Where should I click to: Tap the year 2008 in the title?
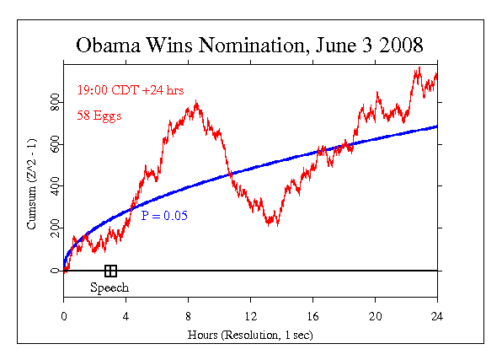pos(396,44)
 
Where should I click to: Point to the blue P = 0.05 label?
pos(164,217)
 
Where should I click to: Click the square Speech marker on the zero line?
pos(110,271)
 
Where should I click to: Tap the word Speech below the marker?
pos(110,287)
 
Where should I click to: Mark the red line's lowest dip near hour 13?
pos(269,224)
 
